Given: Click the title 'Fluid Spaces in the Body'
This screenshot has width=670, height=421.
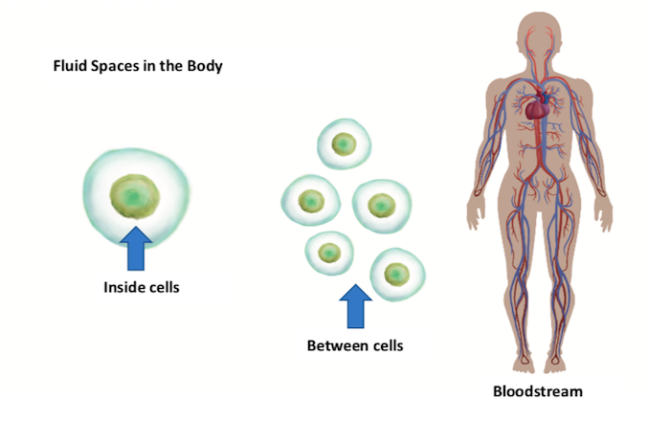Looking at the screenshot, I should (140, 68).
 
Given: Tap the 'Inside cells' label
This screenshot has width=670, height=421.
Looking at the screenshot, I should (142, 286).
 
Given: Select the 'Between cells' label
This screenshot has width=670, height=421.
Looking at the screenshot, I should (355, 345).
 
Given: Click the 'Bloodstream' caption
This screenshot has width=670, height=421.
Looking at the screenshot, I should (537, 391).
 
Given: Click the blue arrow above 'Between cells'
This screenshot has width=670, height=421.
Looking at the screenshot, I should (356, 306).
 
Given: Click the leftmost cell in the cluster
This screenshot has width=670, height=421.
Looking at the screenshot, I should (309, 201).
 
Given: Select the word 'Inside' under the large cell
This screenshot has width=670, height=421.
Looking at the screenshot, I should (123, 286).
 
